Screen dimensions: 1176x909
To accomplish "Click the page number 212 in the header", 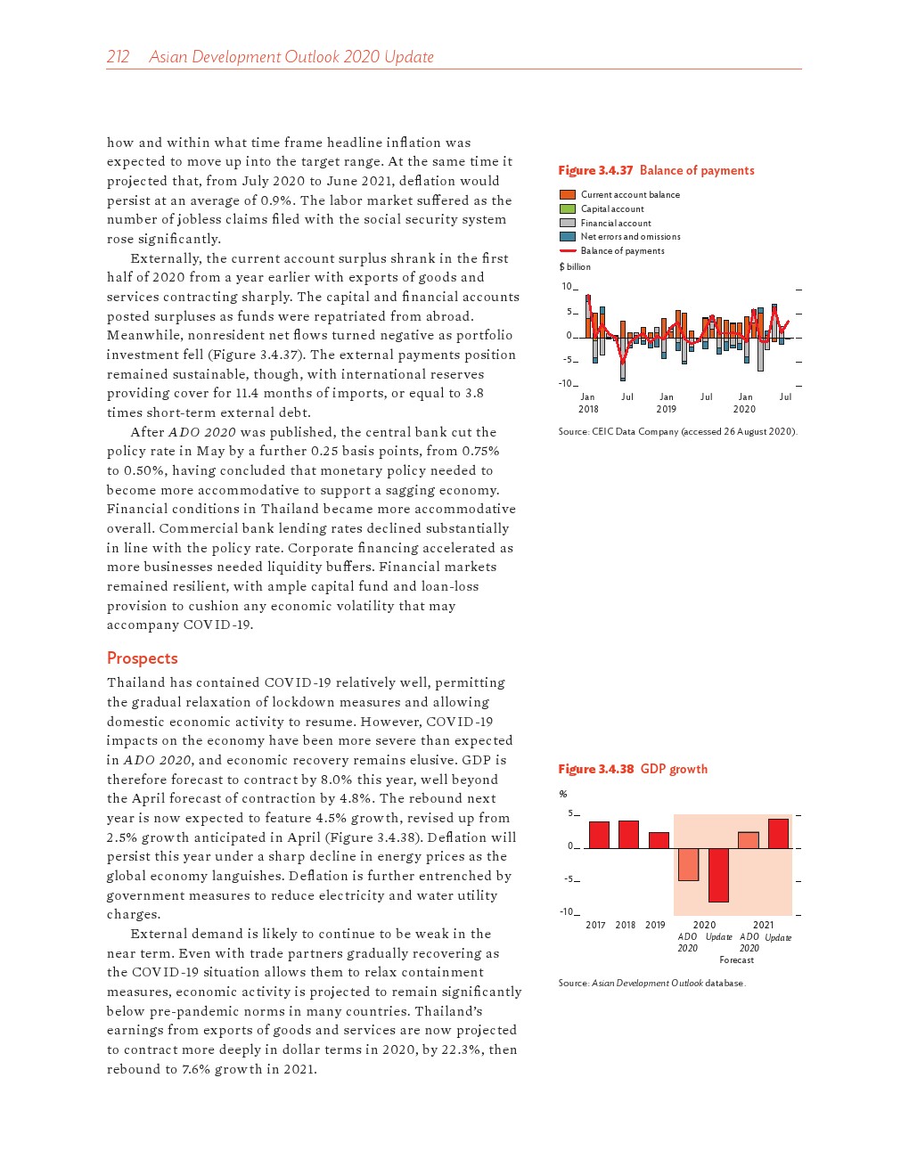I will click(118, 57).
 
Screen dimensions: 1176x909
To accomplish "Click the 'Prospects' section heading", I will click(142, 658).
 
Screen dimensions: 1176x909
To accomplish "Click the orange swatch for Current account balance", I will click(567, 194).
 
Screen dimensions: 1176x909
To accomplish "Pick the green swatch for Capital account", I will click(567, 208).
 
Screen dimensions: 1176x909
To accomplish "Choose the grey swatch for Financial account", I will click(567, 223).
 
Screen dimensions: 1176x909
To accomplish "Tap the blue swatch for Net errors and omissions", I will click(567, 237).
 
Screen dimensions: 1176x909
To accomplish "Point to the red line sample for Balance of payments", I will click(567, 251).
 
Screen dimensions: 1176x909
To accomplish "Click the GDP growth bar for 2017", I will click(599, 835).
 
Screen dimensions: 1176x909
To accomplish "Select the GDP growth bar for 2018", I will click(628, 834).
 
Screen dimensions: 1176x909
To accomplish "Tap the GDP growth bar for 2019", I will click(659, 840).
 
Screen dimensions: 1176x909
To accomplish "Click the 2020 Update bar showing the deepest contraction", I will click(718, 875).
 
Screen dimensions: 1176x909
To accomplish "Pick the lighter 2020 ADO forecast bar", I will click(688, 864).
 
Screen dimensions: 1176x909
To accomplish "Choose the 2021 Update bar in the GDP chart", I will click(778, 833).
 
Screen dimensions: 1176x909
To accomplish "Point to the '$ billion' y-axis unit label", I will click(575, 267).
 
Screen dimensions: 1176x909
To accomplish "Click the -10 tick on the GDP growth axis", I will click(566, 911).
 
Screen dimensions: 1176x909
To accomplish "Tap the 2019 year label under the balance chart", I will click(666, 410).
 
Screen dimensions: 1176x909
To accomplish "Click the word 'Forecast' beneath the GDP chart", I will click(736, 960).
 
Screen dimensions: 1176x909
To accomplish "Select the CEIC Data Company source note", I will click(677, 432).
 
